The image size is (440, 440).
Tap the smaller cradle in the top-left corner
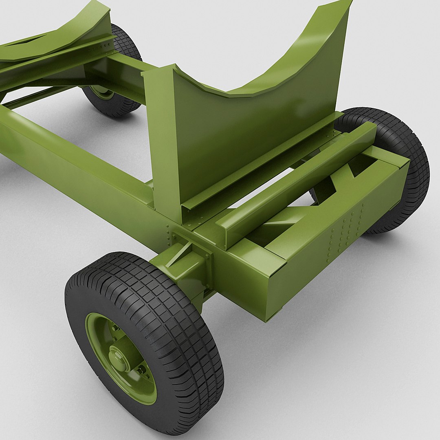(61, 37)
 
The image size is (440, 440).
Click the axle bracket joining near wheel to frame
(183, 265)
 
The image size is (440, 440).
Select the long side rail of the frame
(73, 163)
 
